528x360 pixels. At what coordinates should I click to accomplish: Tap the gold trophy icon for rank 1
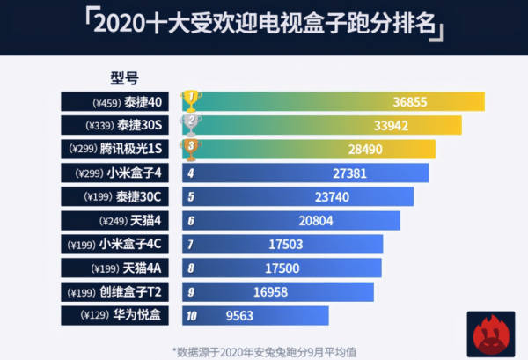tap(189, 100)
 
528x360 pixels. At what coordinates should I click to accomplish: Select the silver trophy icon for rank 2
tap(189, 124)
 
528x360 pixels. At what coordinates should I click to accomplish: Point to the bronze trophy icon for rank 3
tap(189, 148)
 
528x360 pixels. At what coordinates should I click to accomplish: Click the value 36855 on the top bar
tap(410, 101)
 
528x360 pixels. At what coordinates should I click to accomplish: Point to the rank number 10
tap(191, 314)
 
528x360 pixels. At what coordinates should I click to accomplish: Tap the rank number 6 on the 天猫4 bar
tap(190, 220)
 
